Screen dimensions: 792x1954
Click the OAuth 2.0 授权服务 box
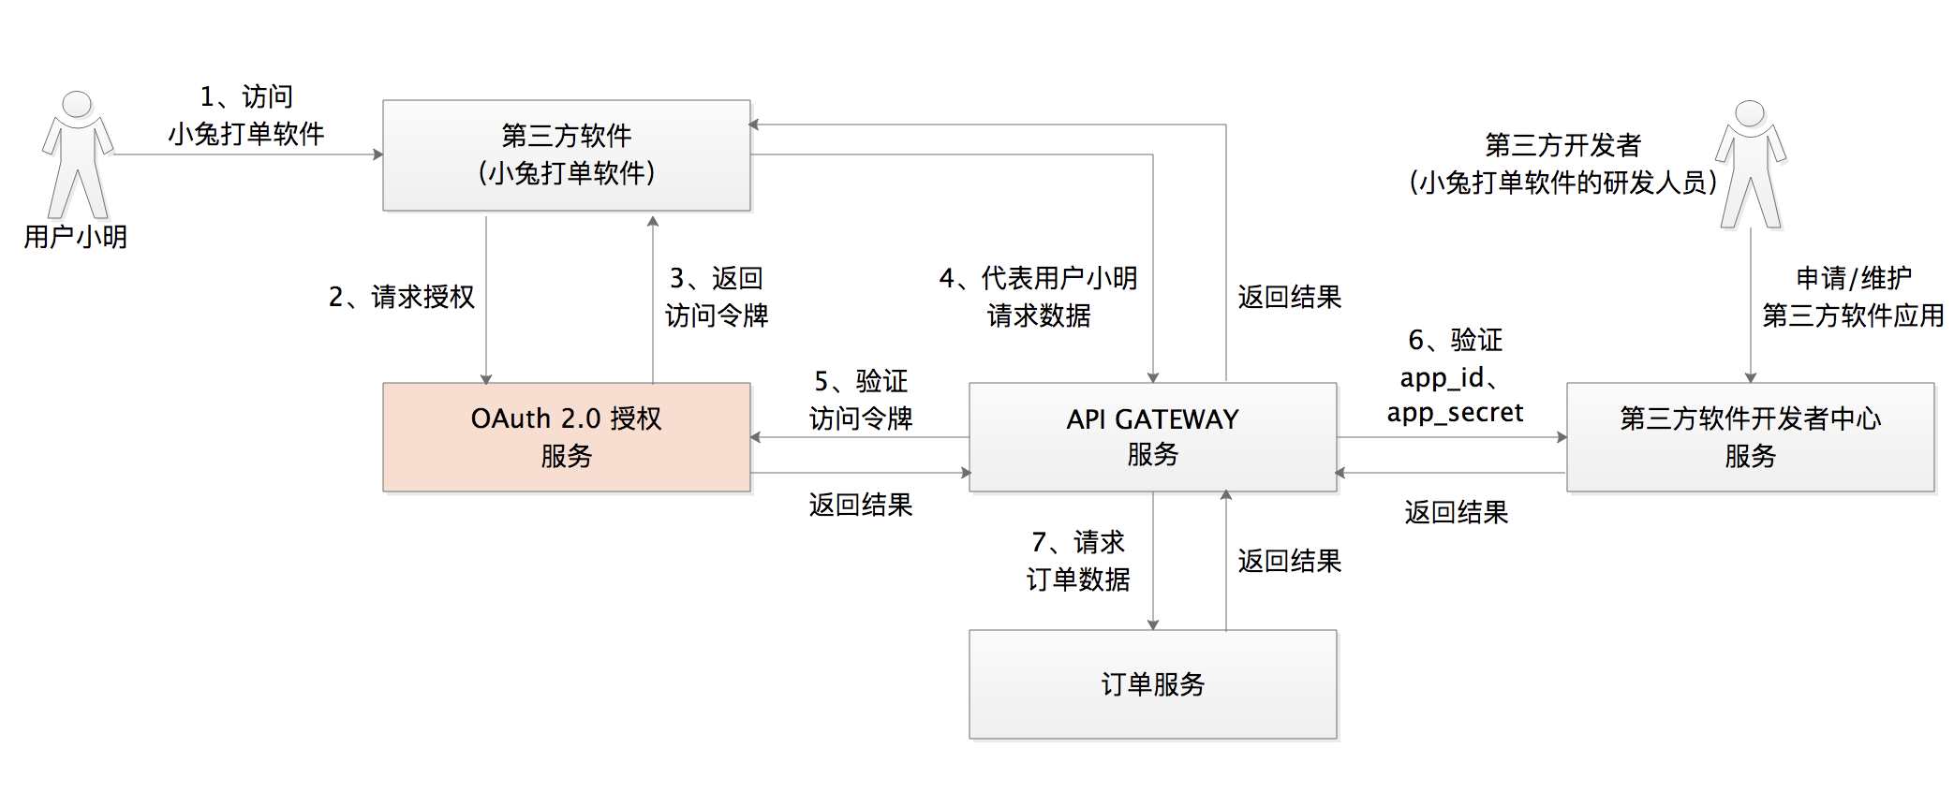[x=566, y=437]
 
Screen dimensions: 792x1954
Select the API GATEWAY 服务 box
[x=1152, y=437]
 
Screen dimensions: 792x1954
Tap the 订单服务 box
[x=1152, y=684]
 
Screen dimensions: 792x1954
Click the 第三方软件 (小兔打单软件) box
[x=566, y=155]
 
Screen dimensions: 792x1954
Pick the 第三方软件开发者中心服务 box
[x=1750, y=437]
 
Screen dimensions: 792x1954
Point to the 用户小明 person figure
[x=78, y=154]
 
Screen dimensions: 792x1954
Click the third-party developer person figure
[x=1750, y=165]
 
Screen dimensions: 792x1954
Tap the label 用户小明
[x=75, y=237]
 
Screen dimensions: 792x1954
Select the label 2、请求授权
[x=402, y=297]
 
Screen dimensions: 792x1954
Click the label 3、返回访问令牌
[x=717, y=297]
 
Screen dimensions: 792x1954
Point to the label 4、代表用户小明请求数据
[x=1038, y=297]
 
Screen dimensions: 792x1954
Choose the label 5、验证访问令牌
[x=861, y=400]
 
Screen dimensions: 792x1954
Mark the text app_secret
[x=1455, y=413]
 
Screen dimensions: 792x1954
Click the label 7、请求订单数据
[x=1078, y=561]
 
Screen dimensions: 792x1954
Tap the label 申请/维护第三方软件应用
[x=1852, y=297]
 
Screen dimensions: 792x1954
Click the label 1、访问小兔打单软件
[x=246, y=115]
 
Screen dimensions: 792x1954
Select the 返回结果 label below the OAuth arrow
[x=861, y=506]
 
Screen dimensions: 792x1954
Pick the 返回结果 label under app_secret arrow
[x=1456, y=512]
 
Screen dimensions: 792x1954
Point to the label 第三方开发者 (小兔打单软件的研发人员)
[x=1562, y=164]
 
